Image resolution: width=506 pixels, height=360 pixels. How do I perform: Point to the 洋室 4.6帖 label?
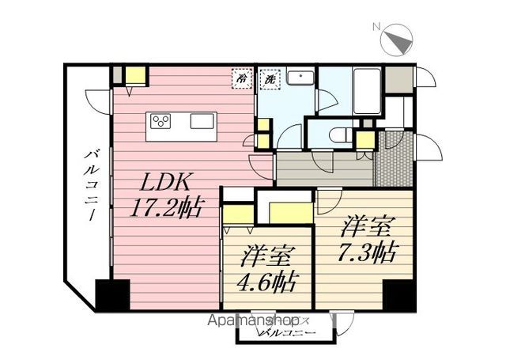pyautogui.click(x=269, y=269)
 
